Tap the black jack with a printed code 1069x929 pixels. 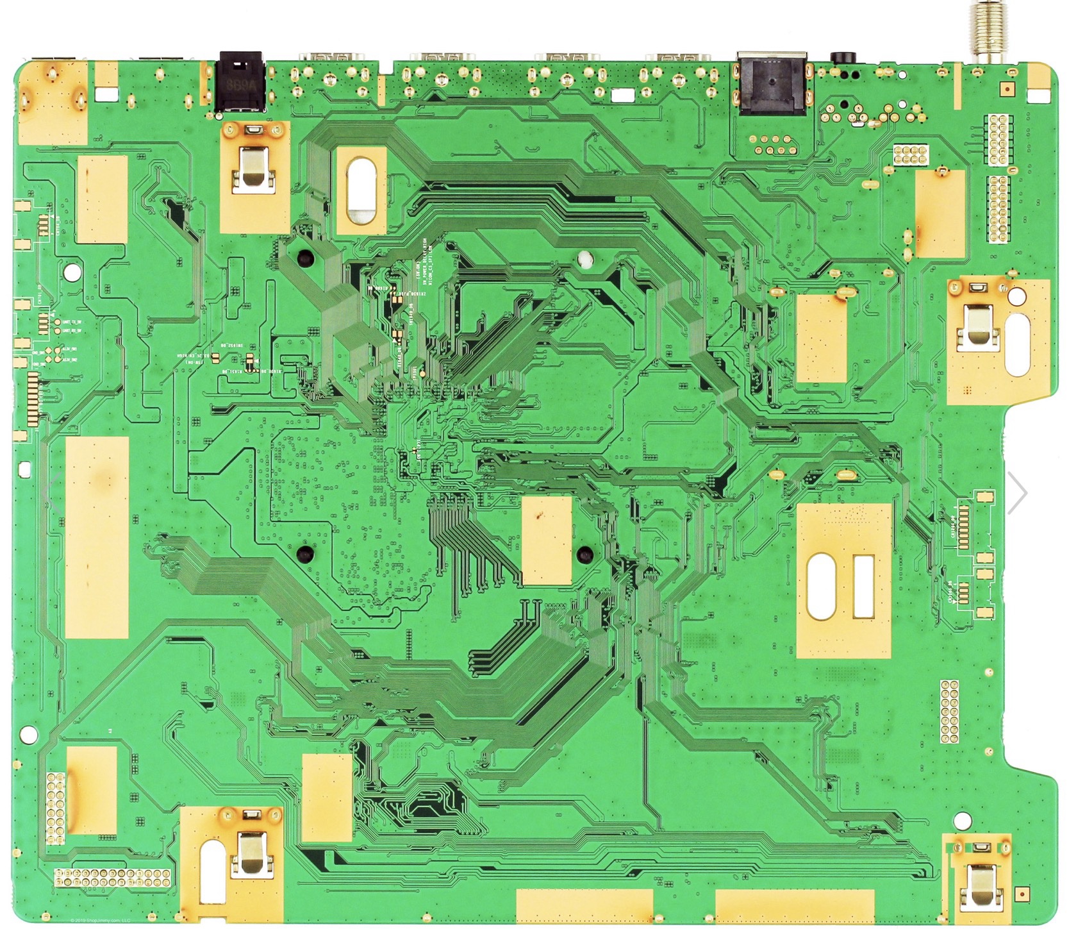pyautogui.click(x=240, y=81)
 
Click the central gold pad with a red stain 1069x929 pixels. pyautogui.click(x=547, y=541)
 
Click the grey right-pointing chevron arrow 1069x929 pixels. pyautogui.click(x=1017, y=492)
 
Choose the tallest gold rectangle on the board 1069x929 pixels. pyautogui.click(x=97, y=537)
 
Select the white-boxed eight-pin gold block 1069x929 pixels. pyautogui.click(x=911, y=153)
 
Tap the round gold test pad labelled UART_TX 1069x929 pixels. pyautogui.click(x=58, y=322)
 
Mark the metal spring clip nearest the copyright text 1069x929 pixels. pyautogui.click(x=247, y=853)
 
